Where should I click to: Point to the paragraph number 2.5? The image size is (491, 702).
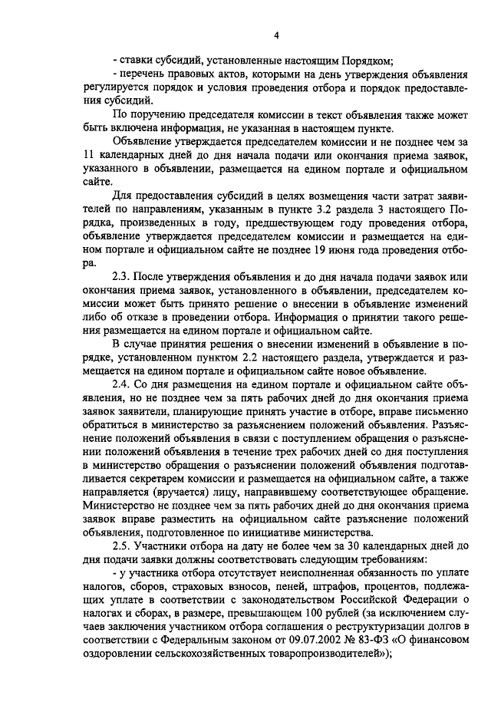pyautogui.click(x=122, y=545)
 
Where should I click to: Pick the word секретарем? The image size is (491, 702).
pyautogui.click(x=161, y=478)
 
